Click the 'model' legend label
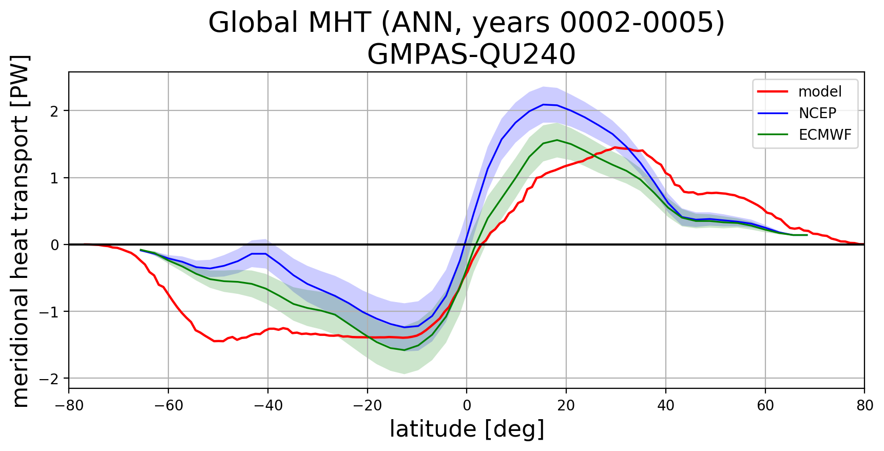(x=820, y=92)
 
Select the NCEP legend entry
(x=817, y=113)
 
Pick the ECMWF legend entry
(x=825, y=135)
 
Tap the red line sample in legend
(x=773, y=92)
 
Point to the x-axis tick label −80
(x=69, y=406)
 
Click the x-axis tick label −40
(x=267, y=406)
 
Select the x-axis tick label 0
(x=467, y=406)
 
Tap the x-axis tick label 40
(x=666, y=406)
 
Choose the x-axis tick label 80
(x=864, y=406)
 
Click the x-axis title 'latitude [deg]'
(x=467, y=429)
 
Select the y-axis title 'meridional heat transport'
(x=21, y=231)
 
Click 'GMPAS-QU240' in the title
(x=471, y=54)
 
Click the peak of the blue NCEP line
(x=544, y=104)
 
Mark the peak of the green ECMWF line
(x=557, y=140)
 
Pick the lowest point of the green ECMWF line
(x=404, y=350)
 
